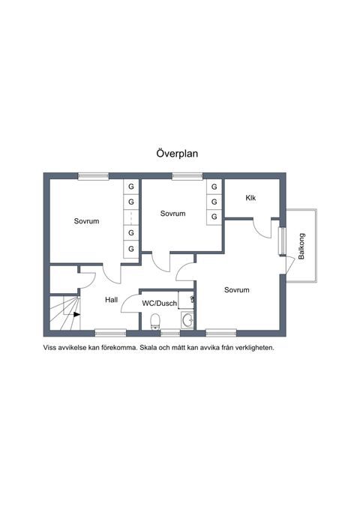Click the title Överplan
coord(177,153)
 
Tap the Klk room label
coord(250,198)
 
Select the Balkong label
coord(301,246)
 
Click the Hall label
coord(112,300)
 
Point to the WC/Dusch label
coord(160,303)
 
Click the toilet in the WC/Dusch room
coord(156,322)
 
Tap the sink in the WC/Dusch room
coord(187,320)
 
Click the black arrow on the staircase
coord(76,314)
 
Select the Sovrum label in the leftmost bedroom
coord(86,221)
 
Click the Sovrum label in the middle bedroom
coord(172,214)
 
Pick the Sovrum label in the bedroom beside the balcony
coord(237,290)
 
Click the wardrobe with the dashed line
coord(131,217)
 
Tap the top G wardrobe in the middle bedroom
coord(214,187)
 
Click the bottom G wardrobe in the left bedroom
coord(131,249)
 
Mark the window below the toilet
coord(170,333)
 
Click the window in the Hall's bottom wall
coord(110,333)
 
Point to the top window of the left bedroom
coord(93,176)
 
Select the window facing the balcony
coord(282,241)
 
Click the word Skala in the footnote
coord(147,348)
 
